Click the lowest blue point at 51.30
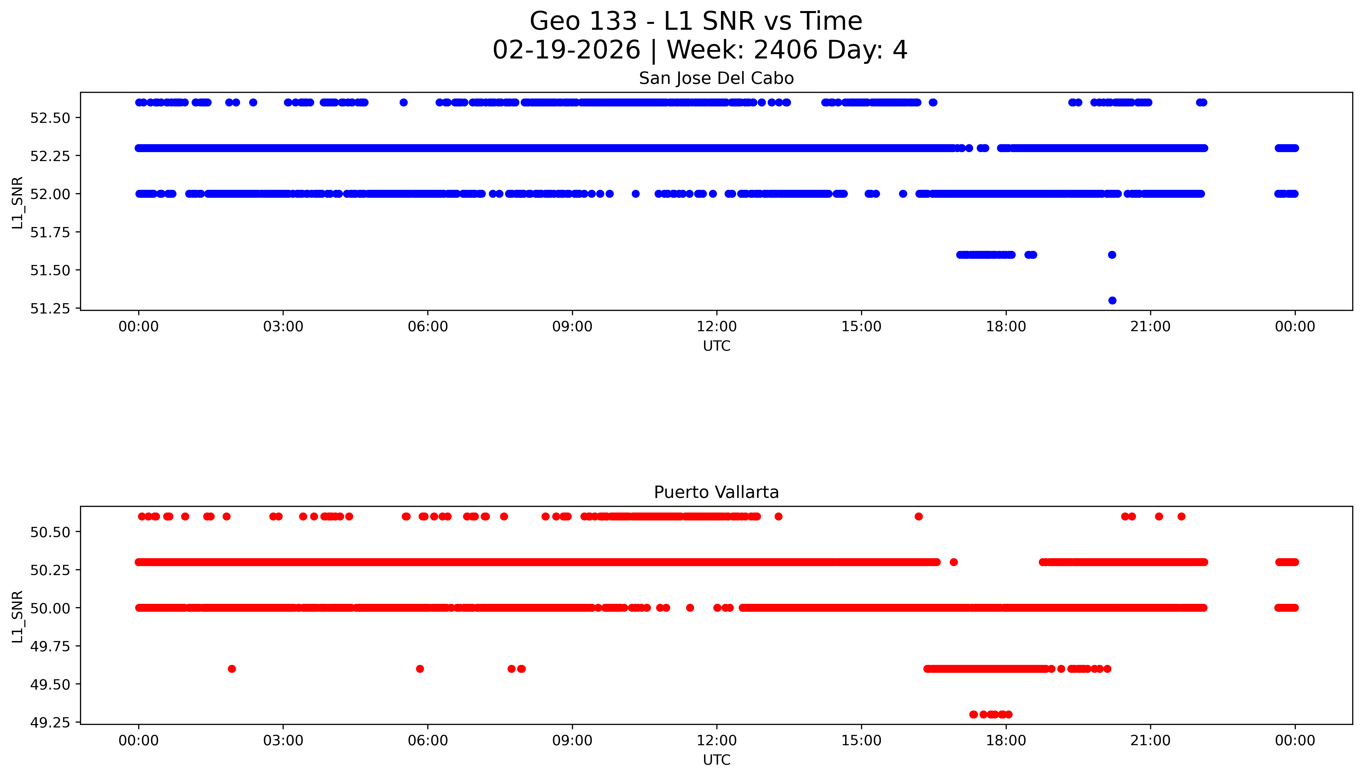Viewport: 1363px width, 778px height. tap(1112, 300)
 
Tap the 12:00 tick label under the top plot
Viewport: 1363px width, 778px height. tap(716, 327)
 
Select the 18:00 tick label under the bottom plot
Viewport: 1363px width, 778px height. tap(1005, 741)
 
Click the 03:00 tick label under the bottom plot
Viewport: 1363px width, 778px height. tap(283, 741)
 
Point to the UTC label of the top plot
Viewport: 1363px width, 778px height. tap(716, 346)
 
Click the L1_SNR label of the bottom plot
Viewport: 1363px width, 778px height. tap(18, 616)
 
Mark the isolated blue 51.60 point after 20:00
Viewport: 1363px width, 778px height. tap(1112, 255)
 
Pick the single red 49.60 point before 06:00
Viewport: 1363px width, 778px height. tap(420, 668)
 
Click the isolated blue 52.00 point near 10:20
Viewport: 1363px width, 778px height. tap(635, 194)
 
